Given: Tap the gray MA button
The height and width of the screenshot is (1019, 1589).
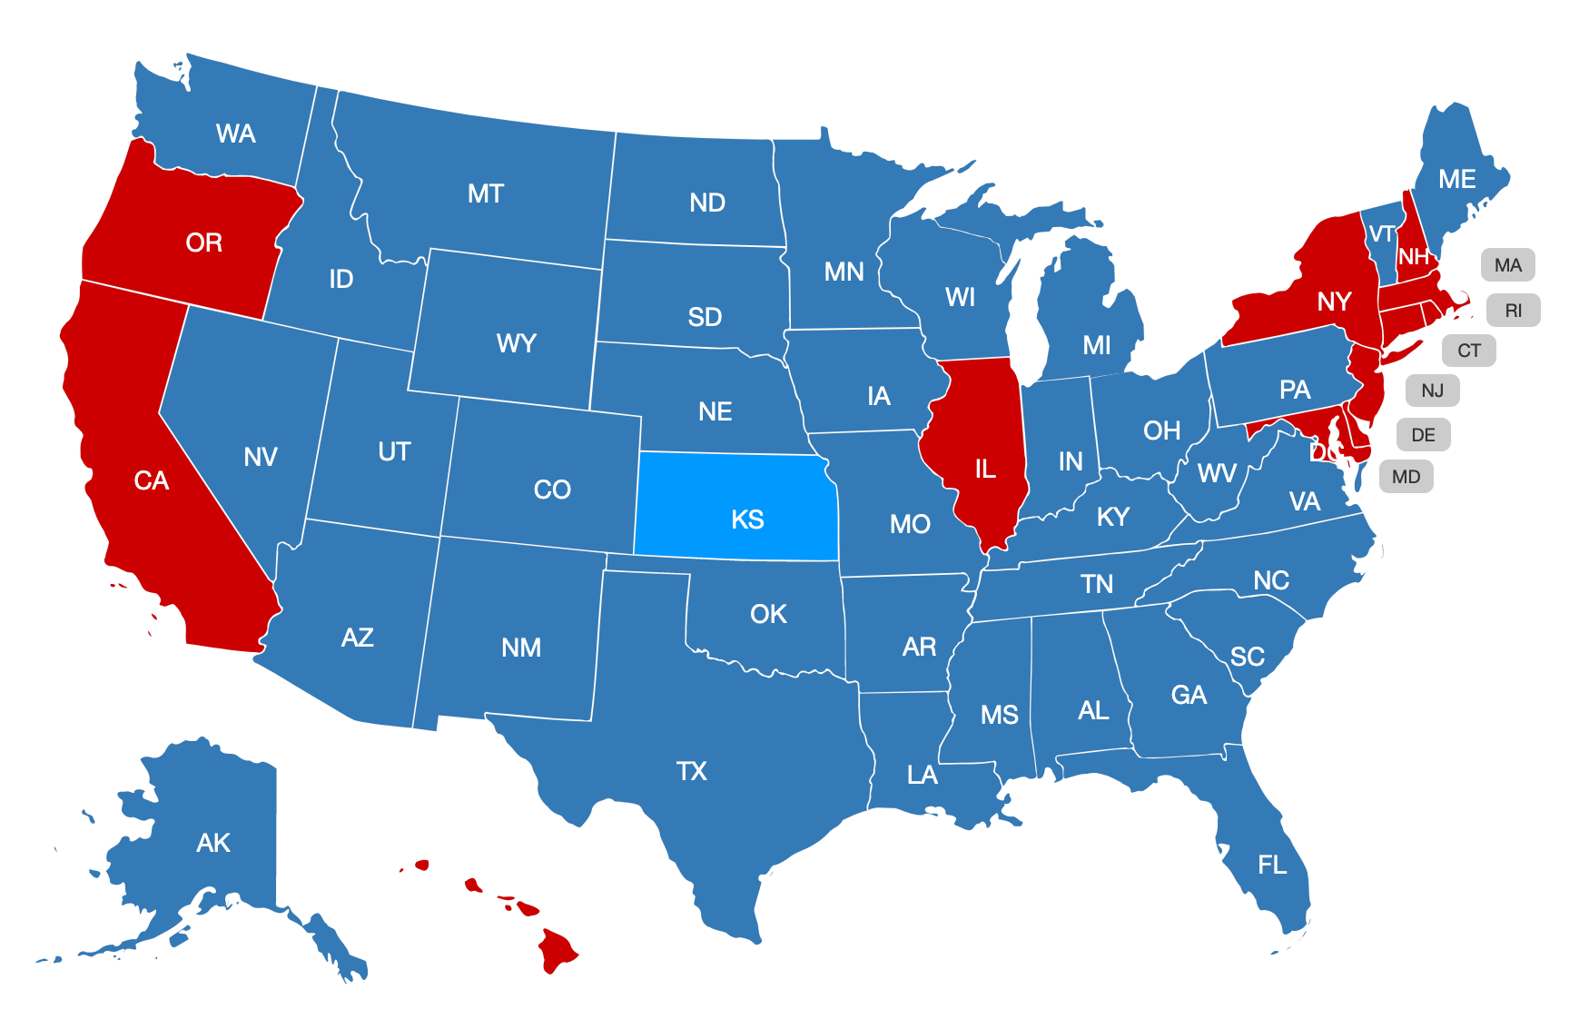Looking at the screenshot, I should tap(1507, 265).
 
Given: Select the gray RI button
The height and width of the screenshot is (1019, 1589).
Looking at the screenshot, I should tap(1513, 311).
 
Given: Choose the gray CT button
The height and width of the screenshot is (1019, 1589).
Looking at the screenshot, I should tap(1468, 351).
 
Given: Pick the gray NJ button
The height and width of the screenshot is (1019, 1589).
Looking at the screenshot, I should tap(1432, 391).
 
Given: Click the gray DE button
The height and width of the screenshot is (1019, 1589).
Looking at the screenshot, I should tap(1423, 435).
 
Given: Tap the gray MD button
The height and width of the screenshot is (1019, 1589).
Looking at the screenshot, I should tap(1406, 477).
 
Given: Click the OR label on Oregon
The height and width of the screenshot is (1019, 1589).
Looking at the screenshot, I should tap(203, 242).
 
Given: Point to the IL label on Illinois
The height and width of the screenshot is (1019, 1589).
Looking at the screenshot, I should tap(985, 469).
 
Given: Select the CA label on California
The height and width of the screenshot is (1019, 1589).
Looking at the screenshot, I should tap(151, 480).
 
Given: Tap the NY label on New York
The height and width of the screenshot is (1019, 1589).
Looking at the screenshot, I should tap(1334, 302).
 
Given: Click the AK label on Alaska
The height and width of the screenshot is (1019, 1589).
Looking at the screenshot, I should tap(213, 843).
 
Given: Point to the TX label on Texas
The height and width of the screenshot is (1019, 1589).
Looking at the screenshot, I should tap(691, 771).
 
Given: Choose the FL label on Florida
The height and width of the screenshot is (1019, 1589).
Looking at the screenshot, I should tap(1272, 865).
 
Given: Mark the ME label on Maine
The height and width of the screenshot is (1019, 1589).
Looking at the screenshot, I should tap(1456, 180).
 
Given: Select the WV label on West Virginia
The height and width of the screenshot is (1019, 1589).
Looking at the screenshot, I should tap(1217, 473).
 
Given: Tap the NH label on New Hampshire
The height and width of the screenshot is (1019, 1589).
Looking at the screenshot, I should tap(1413, 257).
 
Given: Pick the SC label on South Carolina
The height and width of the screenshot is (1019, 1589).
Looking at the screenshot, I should tap(1247, 657).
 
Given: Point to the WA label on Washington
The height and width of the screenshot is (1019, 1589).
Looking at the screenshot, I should tap(235, 134).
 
